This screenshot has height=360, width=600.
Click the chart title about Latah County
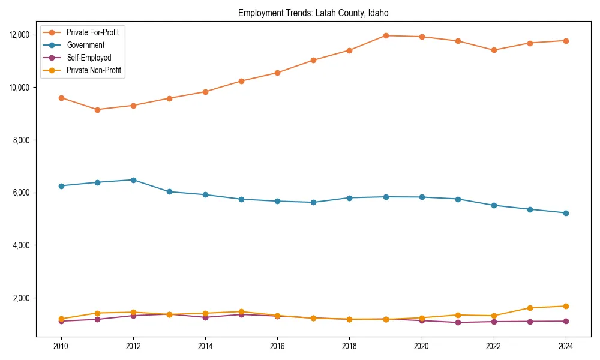[313, 13]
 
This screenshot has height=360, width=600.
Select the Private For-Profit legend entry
[92, 32]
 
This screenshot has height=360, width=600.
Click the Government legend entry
[85, 45]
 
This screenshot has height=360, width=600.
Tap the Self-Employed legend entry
[88, 58]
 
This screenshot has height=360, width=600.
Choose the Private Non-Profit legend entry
[94, 70]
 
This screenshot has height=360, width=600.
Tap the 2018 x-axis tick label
[349, 346]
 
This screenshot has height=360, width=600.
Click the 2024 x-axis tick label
[565, 346]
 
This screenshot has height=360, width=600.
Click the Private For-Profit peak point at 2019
[385, 35]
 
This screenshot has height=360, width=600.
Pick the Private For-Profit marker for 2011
[97, 110]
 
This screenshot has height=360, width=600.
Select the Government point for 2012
[133, 180]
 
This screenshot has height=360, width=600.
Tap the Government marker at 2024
[565, 213]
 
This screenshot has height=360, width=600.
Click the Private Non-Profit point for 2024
[565, 306]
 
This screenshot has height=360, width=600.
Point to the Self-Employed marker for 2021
[457, 322]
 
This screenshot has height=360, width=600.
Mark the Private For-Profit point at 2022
[493, 50]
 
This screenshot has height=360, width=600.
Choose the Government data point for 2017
[313, 202]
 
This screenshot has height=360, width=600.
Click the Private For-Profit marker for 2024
[565, 41]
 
